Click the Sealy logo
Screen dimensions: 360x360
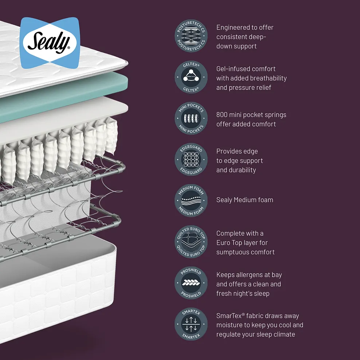(x=49, y=43)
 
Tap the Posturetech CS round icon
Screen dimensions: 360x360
(x=191, y=36)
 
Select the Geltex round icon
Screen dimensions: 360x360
(x=191, y=77)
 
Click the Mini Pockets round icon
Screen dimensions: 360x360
(x=191, y=118)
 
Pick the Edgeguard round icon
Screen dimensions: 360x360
(x=191, y=160)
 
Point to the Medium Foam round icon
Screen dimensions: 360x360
(x=191, y=200)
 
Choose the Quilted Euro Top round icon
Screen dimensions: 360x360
(x=191, y=242)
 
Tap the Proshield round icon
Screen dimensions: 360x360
(x=191, y=283)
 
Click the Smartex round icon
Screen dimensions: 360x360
(x=191, y=324)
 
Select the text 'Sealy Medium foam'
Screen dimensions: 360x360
(x=244, y=200)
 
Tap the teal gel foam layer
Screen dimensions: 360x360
(x=73, y=98)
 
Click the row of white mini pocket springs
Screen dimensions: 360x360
(x=55, y=153)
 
